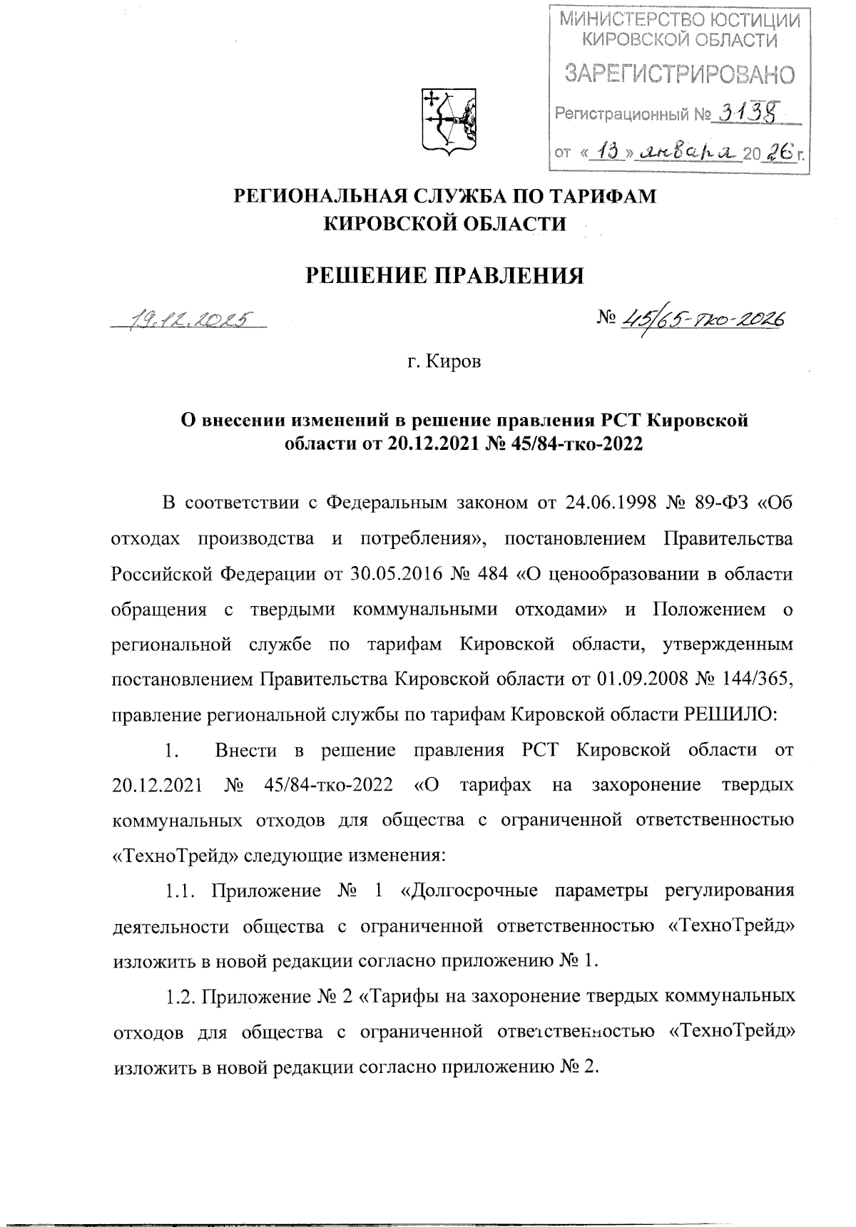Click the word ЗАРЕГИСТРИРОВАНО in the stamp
680,73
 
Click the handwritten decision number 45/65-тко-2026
703,319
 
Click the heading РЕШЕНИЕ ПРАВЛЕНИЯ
444,275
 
